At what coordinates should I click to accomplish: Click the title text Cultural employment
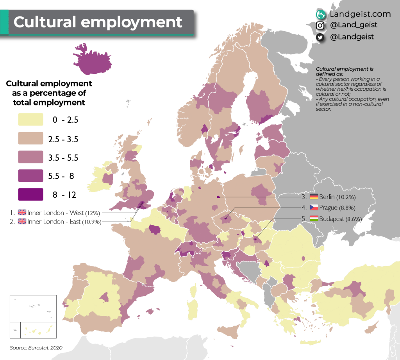click(98, 22)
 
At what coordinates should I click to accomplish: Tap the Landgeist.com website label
click(360, 14)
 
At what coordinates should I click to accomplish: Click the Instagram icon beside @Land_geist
click(320, 25)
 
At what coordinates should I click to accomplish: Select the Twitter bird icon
click(320, 37)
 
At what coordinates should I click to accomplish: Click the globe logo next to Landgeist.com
click(321, 14)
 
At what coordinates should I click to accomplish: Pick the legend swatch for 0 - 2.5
click(30, 120)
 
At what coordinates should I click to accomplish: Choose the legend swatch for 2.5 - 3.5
click(30, 138)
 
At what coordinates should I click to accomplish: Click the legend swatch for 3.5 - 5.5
click(30, 157)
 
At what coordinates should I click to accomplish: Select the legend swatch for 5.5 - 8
click(30, 176)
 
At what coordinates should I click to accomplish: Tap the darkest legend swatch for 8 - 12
click(30, 194)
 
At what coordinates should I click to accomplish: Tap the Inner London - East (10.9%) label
click(64, 222)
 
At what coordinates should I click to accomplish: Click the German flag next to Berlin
click(314, 197)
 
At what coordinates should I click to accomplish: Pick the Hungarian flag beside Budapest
click(314, 219)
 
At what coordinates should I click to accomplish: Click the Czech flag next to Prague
click(314, 208)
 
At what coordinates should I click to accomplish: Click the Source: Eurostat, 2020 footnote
click(36, 347)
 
